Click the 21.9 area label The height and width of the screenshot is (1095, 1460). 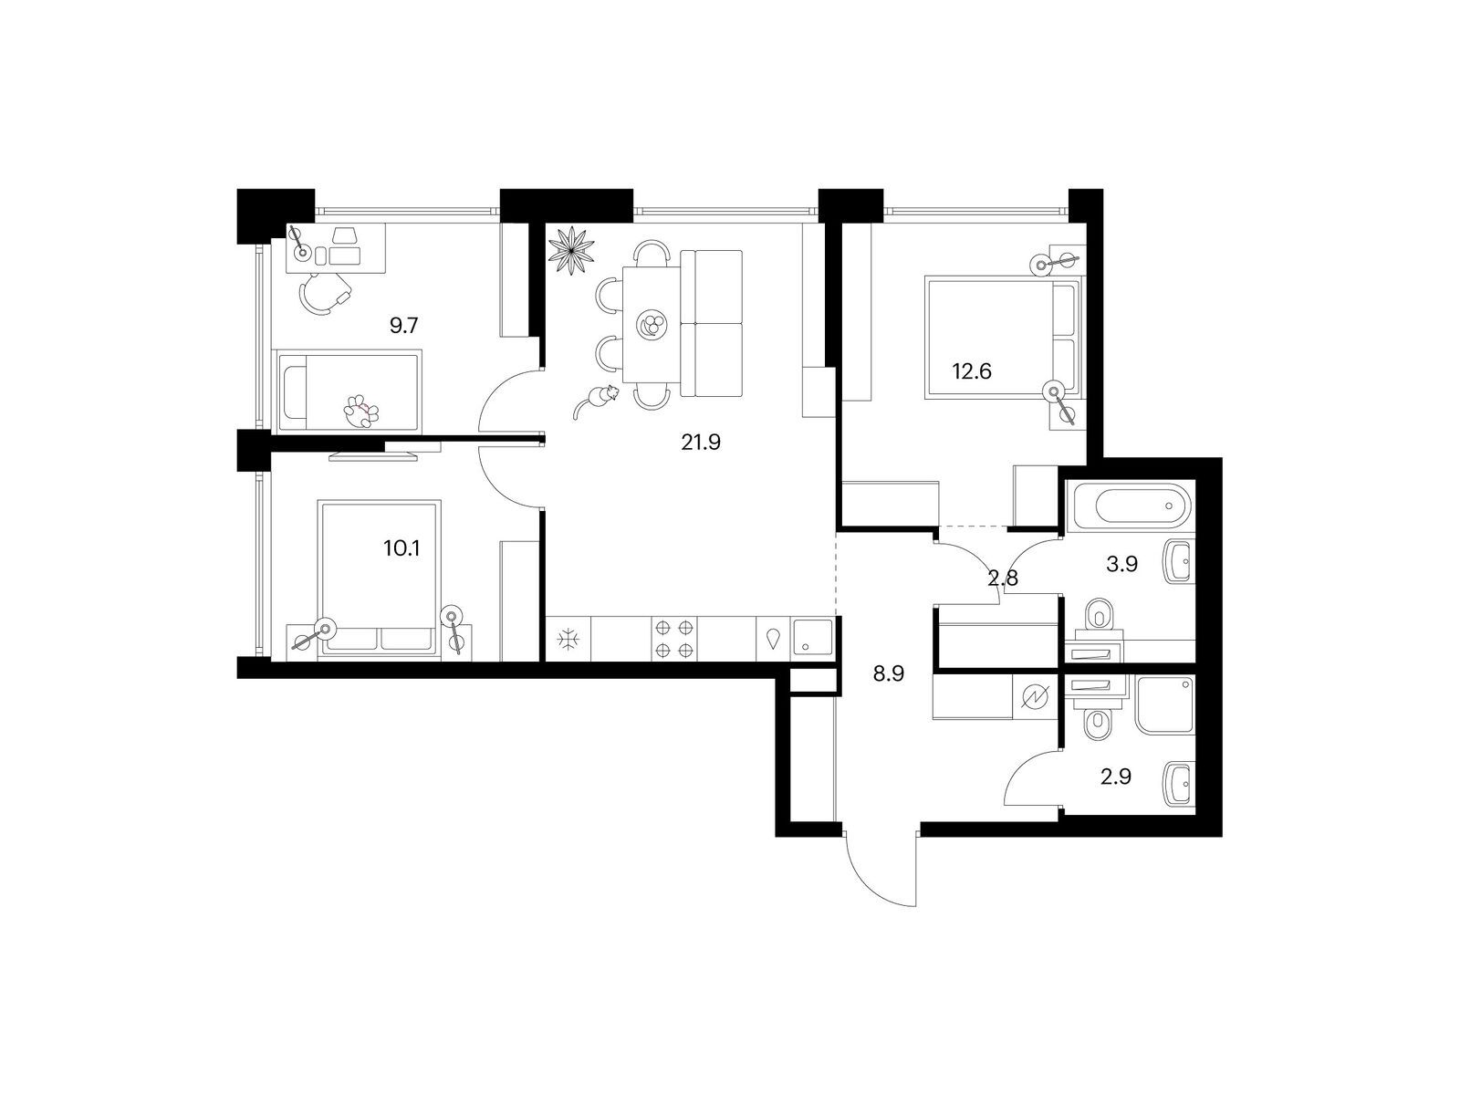[701, 443]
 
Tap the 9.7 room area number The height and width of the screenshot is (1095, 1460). [403, 326]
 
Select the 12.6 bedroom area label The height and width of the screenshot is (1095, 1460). [971, 371]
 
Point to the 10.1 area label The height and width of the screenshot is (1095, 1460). [401, 548]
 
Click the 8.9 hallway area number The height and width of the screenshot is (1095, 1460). [888, 674]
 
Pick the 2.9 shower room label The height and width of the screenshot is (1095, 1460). [1115, 777]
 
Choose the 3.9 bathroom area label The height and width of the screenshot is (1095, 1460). [1121, 565]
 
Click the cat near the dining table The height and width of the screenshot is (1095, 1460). [595, 401]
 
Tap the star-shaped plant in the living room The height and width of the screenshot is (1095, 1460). [570, 248]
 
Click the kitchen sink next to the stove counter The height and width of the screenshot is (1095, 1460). [812, 639]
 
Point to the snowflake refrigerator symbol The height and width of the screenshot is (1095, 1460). [568, 640]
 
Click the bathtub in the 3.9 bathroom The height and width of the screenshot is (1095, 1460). [1130, 506]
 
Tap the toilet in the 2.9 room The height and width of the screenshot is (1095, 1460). [1098, 723]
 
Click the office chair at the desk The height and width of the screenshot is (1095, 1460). [324, 293]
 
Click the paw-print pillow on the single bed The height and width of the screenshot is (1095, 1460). [362, 411]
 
